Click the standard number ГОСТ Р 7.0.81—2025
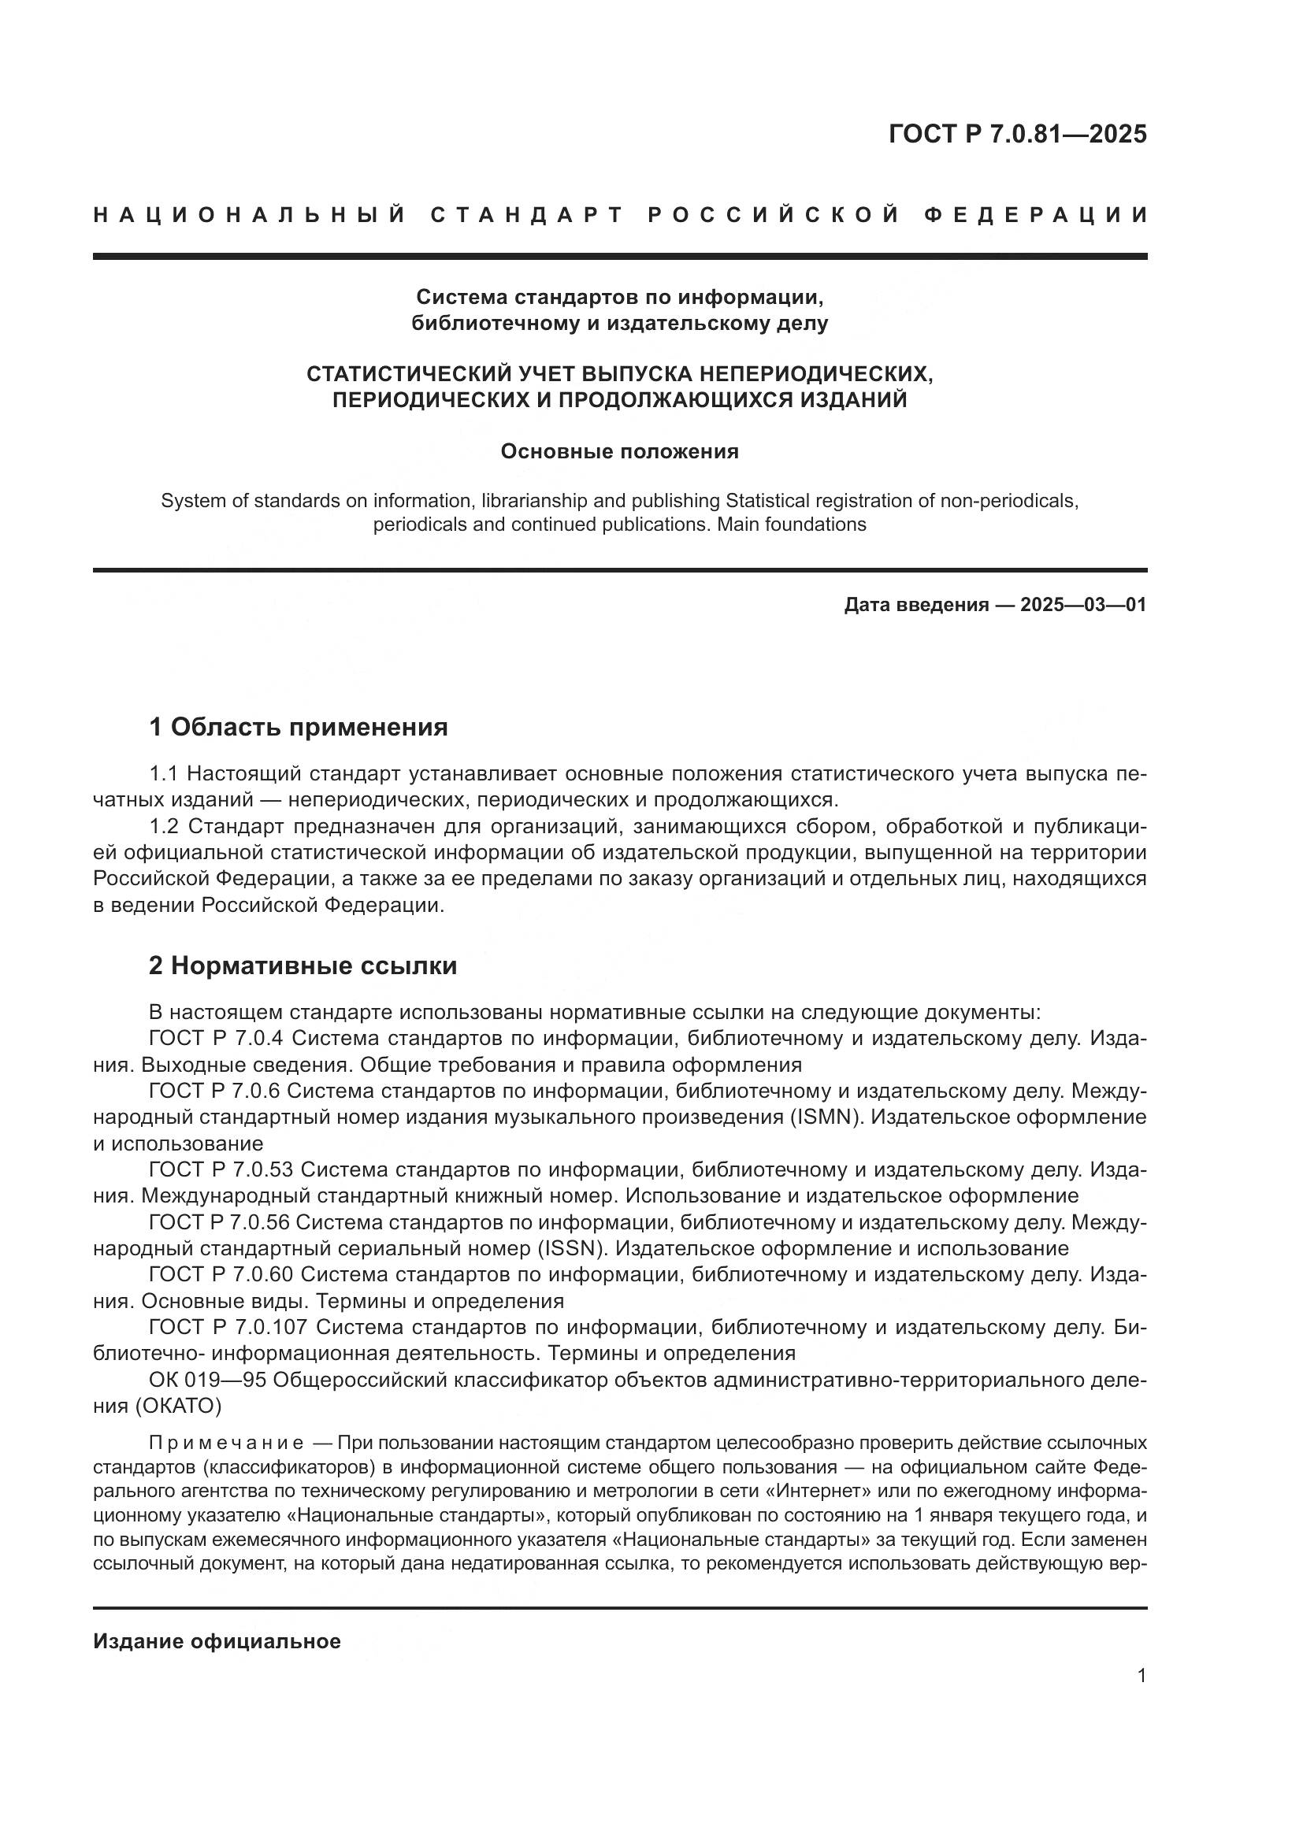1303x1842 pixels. coord(1016,134)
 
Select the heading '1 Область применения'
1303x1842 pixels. coord(298,728)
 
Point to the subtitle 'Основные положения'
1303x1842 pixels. coord(618,452)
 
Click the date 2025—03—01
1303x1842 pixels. coord(1083,605)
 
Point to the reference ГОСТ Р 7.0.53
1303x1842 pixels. coord(221,1170)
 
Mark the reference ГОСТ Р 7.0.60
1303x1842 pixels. coord(221,1275)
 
